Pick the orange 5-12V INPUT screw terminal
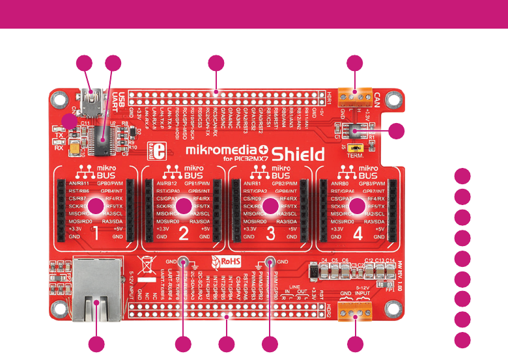355,314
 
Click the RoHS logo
223,264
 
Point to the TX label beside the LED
60,134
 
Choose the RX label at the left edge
59,146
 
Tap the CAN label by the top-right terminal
378,100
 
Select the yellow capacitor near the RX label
78,150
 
